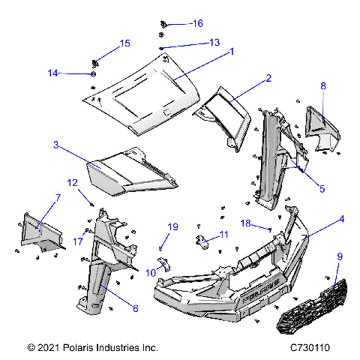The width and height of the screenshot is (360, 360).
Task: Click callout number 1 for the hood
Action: coord(232,52)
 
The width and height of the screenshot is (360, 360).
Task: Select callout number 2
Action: coord(268,78)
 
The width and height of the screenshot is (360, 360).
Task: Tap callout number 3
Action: coord(55,143)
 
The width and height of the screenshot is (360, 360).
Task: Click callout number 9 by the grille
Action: coord(339,256)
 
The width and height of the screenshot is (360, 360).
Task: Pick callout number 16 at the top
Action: coord(197,24)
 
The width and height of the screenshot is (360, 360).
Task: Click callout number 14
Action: coord(52,73)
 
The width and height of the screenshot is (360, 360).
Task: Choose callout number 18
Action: coord(245,223)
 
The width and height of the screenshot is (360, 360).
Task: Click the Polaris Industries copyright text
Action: coord(92,349)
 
